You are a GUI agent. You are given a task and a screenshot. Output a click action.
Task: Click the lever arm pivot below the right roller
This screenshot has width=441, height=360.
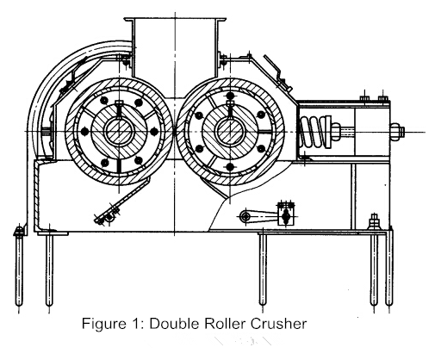248,216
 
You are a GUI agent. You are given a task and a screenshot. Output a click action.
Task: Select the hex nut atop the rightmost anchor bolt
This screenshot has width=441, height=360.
373,220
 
